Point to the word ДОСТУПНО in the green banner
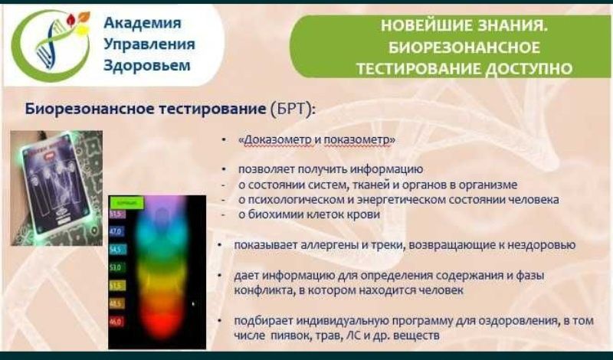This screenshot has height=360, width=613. (529, 69)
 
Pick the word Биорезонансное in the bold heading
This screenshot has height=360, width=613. (90, 109)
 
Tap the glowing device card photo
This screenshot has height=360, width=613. (56, 186)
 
